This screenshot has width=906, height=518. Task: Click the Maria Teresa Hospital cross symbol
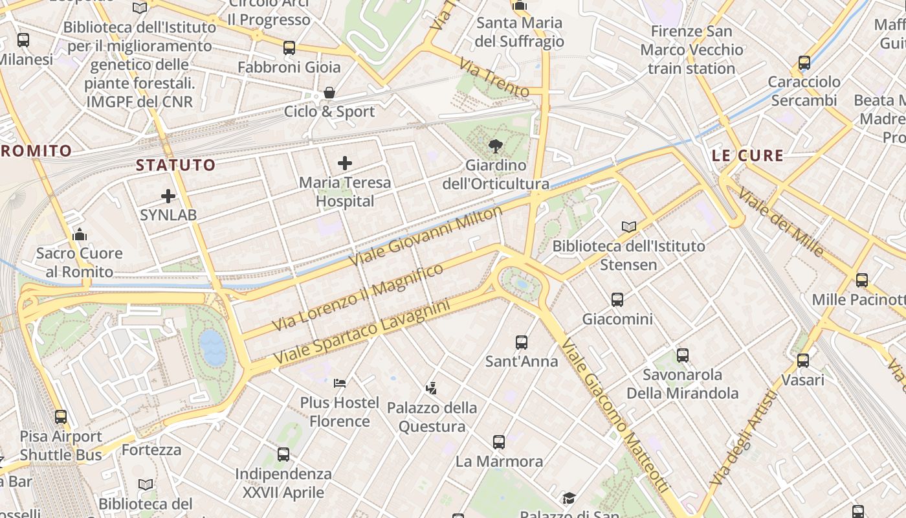(x=345, y=163)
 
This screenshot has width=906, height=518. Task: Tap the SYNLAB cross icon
(x=168, y=196)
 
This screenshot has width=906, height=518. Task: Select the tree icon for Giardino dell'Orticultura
(x=496, y=146)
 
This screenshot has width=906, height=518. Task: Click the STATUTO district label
(x=175, y=165)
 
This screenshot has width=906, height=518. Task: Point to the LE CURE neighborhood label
(x=747, y=155)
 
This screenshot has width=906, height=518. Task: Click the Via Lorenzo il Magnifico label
(x=358, y=297)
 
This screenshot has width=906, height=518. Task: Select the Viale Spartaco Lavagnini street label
(x=361, y=332)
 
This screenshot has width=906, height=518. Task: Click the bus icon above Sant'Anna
(x=522, y=343)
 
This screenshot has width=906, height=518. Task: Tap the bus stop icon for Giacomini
(x=617, y=300)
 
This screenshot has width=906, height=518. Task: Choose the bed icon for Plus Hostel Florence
(x=340, y=383)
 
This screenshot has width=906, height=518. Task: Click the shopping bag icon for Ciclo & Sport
(x=329, y=93)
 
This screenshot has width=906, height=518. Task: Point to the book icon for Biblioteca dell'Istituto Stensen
(x=629, y=227)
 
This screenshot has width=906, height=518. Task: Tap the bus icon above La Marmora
(x=499, y=442)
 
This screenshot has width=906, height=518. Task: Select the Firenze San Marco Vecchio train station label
(x=691, y=50)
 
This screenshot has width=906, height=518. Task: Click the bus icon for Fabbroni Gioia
(x=289, y=48)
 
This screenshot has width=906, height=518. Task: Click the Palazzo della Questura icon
(x=432, y=388)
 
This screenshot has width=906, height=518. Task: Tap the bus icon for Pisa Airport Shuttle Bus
(x=61, y=417)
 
